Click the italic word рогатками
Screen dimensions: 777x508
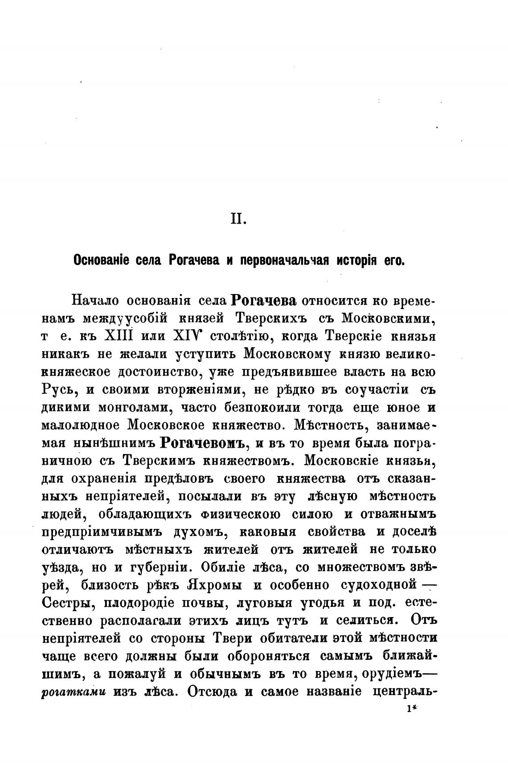point(74,692)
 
